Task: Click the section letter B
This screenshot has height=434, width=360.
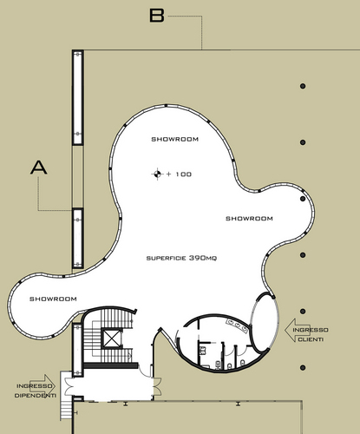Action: [157, 16]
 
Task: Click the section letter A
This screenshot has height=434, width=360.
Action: [39, 168]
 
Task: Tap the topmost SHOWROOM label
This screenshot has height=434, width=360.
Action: [175, 139]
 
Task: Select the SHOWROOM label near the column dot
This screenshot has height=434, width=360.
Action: [249, 219]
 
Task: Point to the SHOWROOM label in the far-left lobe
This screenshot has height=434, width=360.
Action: [53, 299]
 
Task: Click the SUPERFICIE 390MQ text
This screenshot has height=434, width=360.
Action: [181, 258]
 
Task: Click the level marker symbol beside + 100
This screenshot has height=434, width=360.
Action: [157, 174]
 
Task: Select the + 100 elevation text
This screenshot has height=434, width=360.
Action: [180, 174]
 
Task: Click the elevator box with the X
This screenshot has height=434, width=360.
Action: [112, 339]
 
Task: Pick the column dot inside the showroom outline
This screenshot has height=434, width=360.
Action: [303, 199]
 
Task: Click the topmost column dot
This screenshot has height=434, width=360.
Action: [303, 86]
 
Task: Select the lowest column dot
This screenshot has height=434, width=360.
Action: [303, 368]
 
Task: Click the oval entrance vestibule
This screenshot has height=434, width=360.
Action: [265, 322]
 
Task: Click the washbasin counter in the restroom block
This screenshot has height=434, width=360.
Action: [238, 325]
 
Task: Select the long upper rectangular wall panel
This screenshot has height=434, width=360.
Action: [78, 97]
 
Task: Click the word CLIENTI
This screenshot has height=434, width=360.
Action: [311, 339]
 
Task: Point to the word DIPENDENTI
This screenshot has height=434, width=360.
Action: [36, 396]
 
